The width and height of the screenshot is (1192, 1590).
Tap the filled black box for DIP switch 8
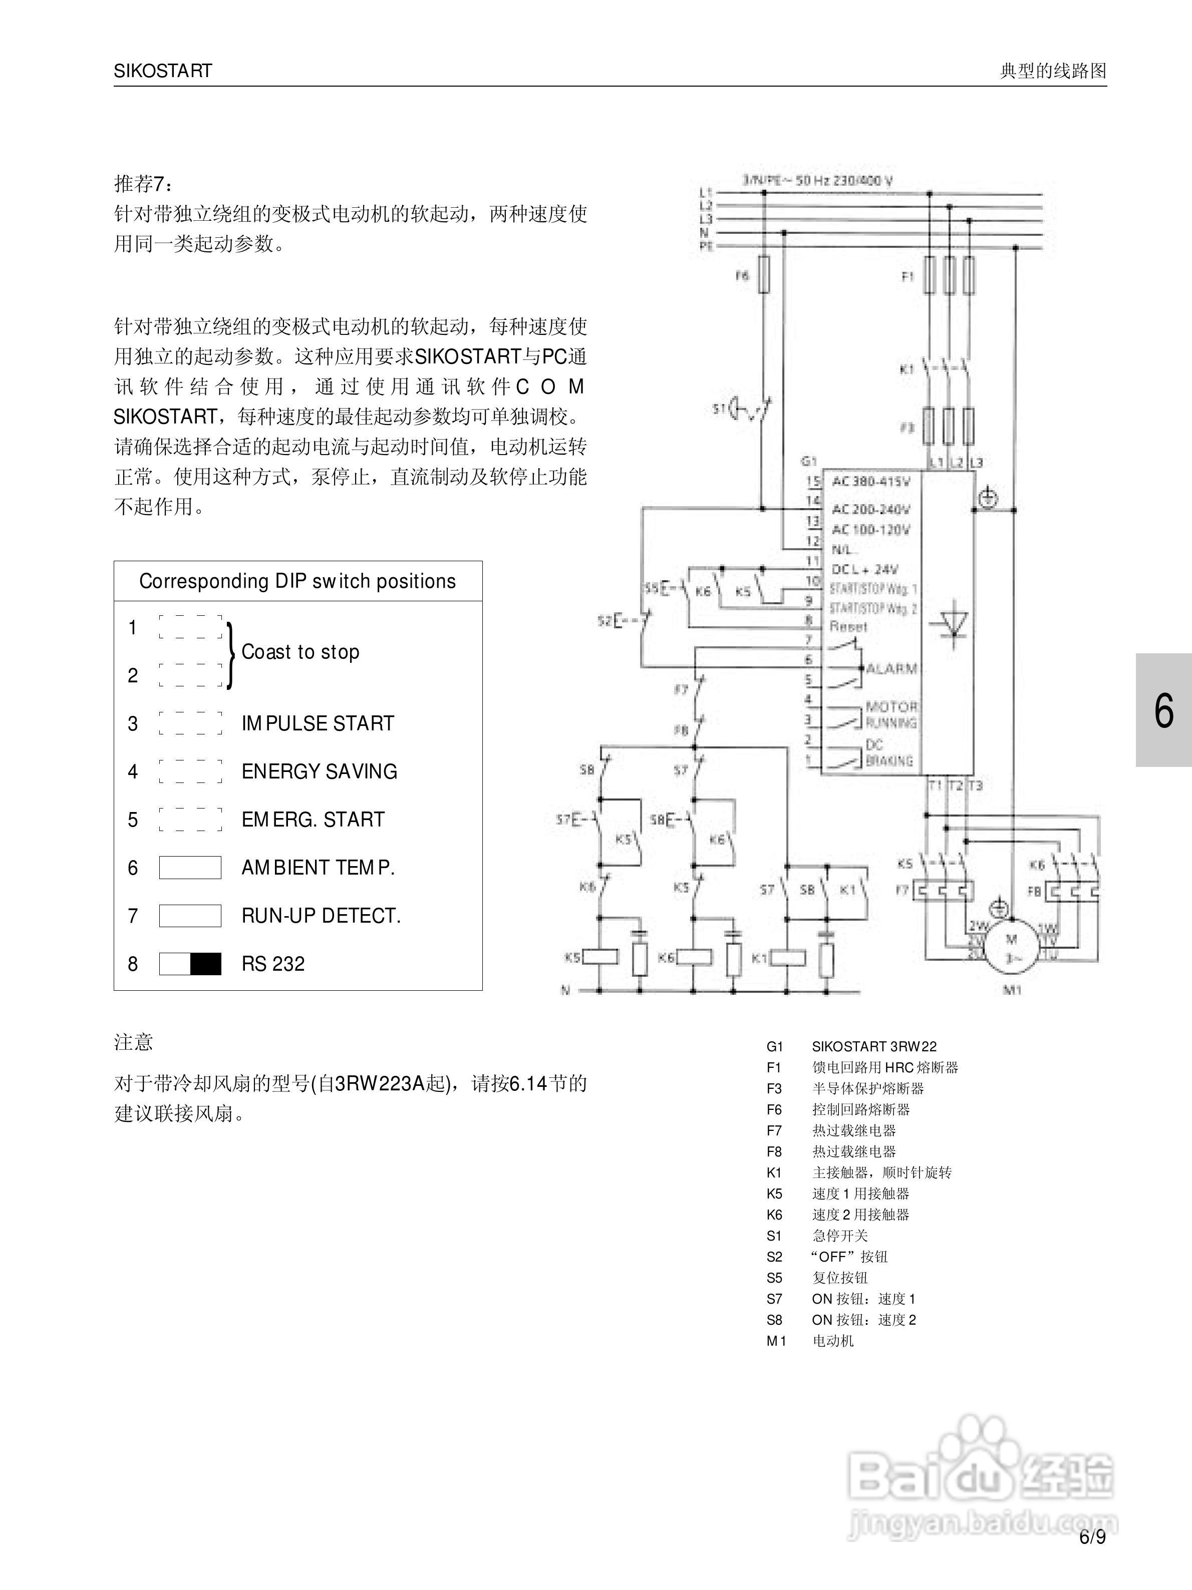[206, 964]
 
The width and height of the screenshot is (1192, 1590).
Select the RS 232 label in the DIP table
[272, 964]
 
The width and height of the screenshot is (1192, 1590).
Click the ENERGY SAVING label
[319, 771]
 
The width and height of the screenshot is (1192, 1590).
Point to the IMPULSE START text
[318, 723]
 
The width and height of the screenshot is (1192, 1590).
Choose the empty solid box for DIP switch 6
[190, 868]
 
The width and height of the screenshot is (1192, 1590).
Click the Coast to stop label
[300, 652]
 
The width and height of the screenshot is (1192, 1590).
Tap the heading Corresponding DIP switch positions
[297, 581]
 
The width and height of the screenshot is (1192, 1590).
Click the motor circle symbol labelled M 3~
[1011, 947]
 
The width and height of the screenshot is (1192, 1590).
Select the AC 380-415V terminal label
[870, 481]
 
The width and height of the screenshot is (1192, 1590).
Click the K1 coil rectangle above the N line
[788, 957]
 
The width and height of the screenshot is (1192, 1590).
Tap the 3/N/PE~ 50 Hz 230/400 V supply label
[817, 180]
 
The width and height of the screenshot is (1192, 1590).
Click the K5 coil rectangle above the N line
[601, 957]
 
